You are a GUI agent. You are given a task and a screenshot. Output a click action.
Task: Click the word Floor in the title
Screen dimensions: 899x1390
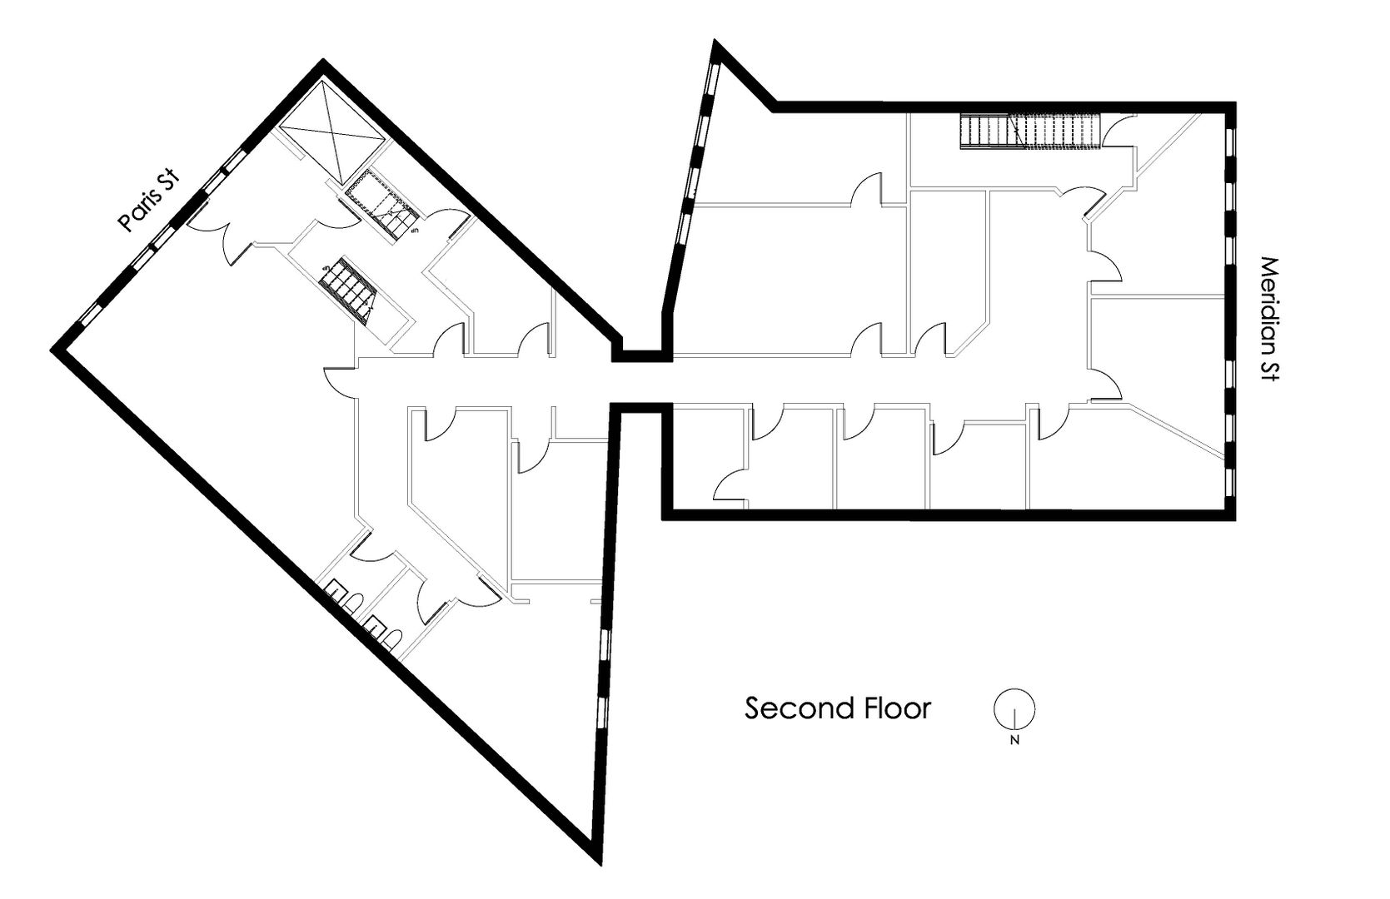(896, 708)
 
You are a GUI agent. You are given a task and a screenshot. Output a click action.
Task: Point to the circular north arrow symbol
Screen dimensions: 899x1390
(1014, 710)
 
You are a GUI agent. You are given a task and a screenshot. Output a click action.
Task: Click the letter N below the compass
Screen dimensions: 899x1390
(1014, 740)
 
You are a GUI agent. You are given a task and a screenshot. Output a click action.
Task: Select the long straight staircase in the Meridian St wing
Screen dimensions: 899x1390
(1031, 132)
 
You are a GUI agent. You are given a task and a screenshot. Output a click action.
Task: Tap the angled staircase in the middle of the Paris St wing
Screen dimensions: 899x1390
(350, 286)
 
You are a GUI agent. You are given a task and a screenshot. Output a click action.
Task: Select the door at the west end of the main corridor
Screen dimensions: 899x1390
(340, 380)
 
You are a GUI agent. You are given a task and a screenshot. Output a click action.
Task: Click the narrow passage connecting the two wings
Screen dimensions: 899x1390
(641, 382)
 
